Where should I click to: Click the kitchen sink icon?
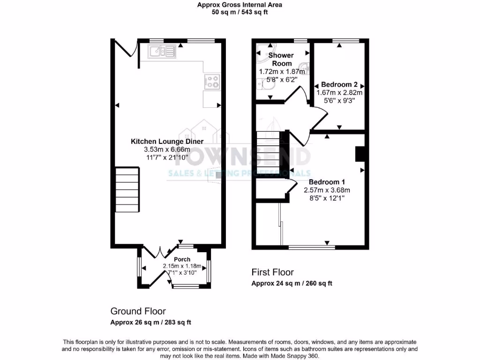point(162,51)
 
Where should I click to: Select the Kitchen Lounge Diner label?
point(167,141)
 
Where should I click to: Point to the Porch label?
point(182,259)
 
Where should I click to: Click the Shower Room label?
point(281,60)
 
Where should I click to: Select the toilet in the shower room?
point(262,83)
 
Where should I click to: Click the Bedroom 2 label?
point(339,85)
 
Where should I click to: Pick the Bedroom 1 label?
point(327,182)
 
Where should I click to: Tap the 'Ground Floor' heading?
point(138,311)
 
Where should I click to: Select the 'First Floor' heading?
point(272,272)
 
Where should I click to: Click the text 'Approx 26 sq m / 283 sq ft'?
point(150,322)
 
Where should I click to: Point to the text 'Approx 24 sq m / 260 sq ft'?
point(292,284)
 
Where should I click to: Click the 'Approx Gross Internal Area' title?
point(240,5)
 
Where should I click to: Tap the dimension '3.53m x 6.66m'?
point(167,150)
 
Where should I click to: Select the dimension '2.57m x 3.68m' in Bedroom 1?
point(327,190)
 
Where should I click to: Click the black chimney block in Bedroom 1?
point(360,154)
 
